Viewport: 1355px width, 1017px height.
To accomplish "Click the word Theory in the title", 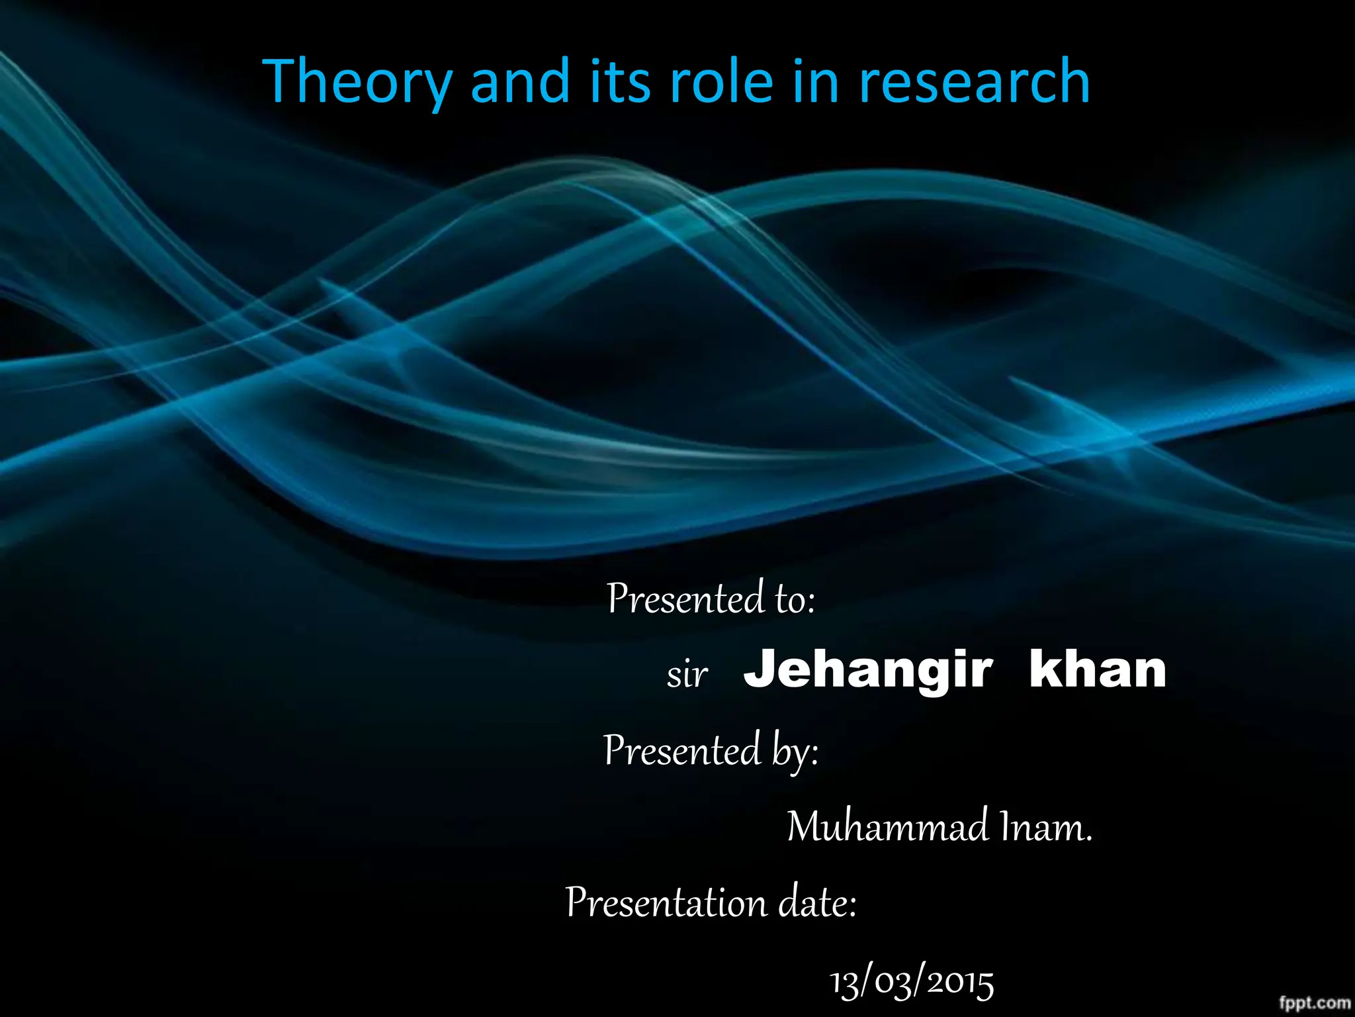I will (357, 83).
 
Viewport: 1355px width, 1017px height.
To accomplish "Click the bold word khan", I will (1098, 670).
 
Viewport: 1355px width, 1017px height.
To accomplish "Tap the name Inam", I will (1046, 827).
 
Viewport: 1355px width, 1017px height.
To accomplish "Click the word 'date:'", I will (817, 903).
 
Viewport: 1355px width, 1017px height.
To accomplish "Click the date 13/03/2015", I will (912, 983).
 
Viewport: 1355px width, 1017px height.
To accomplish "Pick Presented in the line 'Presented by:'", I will (682, 751).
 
